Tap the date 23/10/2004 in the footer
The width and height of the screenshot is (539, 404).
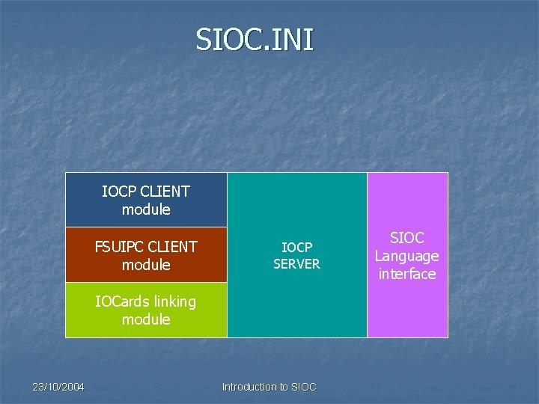tap(58, 387)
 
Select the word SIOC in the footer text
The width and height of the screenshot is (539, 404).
tap(303, 387)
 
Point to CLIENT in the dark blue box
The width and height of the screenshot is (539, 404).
tap(165, 192)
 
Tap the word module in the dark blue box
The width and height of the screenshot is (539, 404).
tap(146, 210)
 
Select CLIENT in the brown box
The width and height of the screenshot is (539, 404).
tap(173, 247)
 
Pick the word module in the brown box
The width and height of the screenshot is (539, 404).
tap(146, 266)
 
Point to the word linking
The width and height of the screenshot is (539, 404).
tap(171, 302)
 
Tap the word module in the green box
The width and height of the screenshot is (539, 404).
tap(146, 320)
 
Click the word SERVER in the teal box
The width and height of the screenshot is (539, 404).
tap(296, 264)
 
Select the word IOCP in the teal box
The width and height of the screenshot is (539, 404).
tap(296, 247)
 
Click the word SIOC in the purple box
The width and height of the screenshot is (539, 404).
tap(407, 238)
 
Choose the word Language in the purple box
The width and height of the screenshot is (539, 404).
tap(407, 257)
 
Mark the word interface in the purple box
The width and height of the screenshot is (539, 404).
tap(407, 275)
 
